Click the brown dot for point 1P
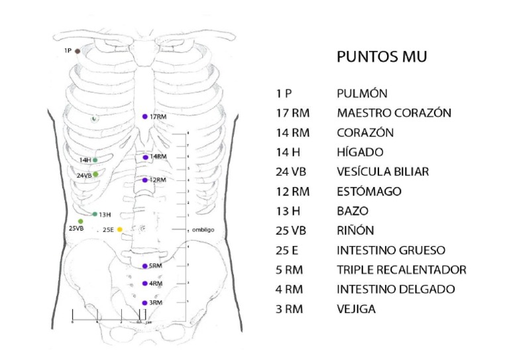78,50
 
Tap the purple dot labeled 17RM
144,117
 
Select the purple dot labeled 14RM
145,157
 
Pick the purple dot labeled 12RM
144,180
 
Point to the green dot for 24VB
95,174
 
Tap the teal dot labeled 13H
95,214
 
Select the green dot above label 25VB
81,221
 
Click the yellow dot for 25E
120,229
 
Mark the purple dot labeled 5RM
144,266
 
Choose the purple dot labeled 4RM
144,284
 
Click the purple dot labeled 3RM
144,302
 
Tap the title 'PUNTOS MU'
381,57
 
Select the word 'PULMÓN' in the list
361,93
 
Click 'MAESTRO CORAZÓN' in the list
394,113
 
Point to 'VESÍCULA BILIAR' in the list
382,172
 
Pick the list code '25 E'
288,251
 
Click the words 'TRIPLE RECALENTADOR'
402,270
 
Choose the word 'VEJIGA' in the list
357,310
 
